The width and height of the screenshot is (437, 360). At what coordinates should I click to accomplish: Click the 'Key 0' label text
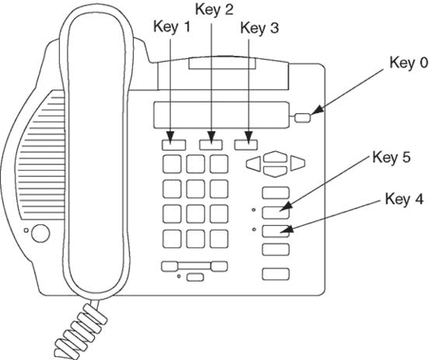coord(408,63)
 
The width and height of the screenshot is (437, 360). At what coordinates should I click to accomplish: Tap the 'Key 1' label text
coord(172,27)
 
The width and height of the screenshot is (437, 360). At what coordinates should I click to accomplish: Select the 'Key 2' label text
coord(214,9)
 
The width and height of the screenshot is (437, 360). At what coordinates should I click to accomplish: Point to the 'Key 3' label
coord(259,28)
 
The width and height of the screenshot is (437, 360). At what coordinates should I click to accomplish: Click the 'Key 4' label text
coord(404,199)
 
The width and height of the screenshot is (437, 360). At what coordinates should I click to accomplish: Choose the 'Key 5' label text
coord(391,157)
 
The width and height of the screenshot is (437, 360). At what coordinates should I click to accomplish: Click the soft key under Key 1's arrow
coord(174,145)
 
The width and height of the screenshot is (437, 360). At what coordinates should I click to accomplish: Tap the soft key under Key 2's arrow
coord(211,145)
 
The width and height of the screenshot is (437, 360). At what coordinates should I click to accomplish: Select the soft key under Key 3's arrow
coord(246,145)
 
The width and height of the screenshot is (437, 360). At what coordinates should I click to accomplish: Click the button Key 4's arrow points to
coord(276,231)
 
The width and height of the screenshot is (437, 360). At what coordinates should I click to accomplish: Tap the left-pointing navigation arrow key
coord(253,163)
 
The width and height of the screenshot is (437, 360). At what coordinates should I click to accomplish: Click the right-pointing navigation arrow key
coord(298,163)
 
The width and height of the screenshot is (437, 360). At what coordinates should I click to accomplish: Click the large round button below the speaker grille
coord(40,233)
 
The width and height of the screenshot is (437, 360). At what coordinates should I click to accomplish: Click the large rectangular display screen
coord(221,115)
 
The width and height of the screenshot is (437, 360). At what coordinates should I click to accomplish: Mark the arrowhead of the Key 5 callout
coord(285,207)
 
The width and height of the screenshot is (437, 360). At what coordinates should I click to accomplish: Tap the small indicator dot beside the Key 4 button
coord(254,229)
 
